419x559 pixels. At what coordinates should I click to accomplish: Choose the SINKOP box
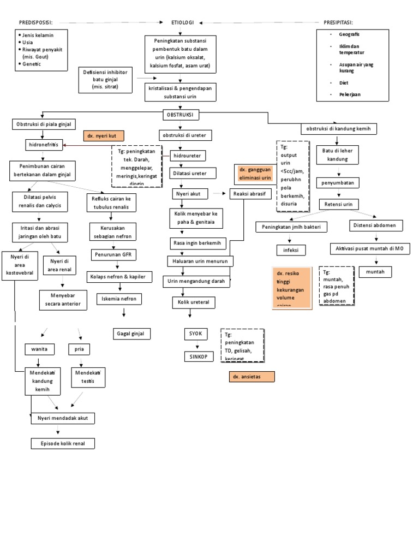point(197,356)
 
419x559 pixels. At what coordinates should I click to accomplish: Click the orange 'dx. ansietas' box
point(252,377)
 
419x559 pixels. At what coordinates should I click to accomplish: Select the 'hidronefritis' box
point(45,145)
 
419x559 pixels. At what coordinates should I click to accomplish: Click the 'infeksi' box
point(291,250)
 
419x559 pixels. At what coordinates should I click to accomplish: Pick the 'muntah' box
point(375,271)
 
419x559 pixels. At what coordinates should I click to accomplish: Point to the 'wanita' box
point(39,349)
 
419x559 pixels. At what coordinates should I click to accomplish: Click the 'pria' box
point(80,349)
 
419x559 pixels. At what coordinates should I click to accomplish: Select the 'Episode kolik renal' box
point(63,443)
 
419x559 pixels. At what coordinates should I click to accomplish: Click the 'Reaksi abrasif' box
point(249,193)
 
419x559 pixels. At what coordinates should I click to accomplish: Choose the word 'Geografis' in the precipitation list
point(349,34)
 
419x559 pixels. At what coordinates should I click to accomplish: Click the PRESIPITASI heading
point(338,22)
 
